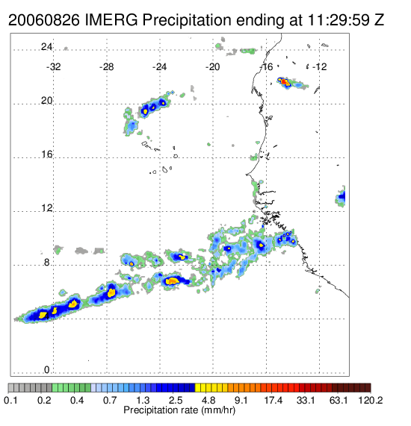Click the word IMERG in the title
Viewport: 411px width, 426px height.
click(x=111, y=20)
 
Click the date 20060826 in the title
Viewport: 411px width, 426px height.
click(x=44, y=20)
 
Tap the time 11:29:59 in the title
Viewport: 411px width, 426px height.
click(x=339, y=20)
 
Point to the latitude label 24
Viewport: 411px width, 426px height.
click(x=46, y=47)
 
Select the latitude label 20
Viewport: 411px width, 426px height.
click(x=46, y=101)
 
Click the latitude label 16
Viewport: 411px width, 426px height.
click(x=46, y=154)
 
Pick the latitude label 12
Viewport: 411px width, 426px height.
click(x=46, y=208)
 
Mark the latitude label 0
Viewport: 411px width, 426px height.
click(x=47, y=370)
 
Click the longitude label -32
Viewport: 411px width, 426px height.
click(x=53, y=67)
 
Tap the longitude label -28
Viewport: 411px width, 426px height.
click(x=106, y=67)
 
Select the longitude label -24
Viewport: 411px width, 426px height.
click(x=159, y=67)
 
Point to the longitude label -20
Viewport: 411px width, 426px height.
click(x=212, y=67)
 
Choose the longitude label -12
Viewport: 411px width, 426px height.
click(x=319, y=67)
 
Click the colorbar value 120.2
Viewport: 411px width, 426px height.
click(x=371, y=400)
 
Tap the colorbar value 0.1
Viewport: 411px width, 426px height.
click(x=10, y=400)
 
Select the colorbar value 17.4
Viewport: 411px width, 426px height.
click(x=274, y=400)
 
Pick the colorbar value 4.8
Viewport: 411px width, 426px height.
click(x=208, y=400)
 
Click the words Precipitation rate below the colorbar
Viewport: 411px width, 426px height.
click(x=161, y=410)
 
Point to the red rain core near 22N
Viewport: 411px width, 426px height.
click(x=284, y=81)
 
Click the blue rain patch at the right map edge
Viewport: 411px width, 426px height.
click(x=341, y=196)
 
